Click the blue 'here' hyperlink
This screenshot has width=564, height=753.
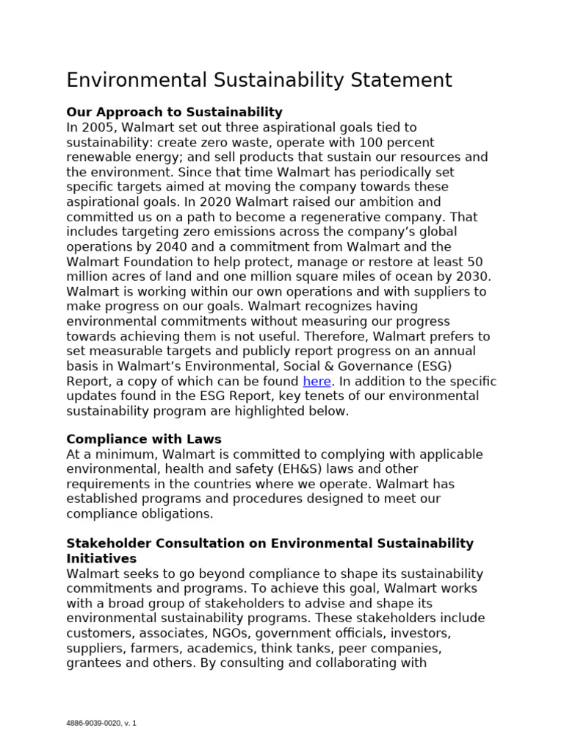coord(317,381)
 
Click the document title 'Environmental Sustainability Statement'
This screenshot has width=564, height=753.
coord(259,79)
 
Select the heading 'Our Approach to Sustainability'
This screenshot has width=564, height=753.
coord(174,112)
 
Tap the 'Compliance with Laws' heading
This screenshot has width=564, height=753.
coord(144,439)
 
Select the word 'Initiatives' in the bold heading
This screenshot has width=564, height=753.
coord(101,559)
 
